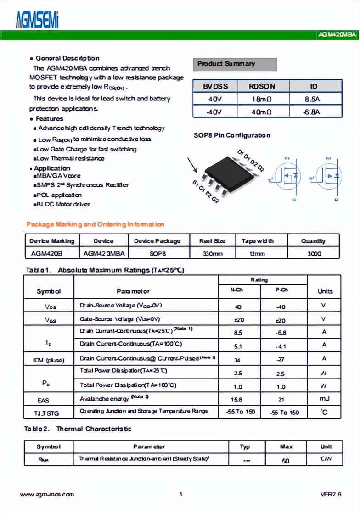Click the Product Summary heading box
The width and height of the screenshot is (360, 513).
coord(235,64)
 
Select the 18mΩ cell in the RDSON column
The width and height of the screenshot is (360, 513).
coord(262,99)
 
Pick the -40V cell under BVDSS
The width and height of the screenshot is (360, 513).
coord(214,112)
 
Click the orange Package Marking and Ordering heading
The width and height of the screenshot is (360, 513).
coord(95,224)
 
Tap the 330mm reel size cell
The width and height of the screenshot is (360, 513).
coord(212,253)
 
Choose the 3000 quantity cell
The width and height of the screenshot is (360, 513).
coord(314,253)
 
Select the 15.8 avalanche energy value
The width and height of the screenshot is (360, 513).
coord(238,399)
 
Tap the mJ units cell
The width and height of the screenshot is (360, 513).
coord(324,399)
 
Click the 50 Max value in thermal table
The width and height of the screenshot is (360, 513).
coord(285,460)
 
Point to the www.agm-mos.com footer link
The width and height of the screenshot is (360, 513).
coord(47,494)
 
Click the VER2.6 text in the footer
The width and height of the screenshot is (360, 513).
coord(331,494)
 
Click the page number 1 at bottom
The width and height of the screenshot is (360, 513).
coord(181,494)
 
